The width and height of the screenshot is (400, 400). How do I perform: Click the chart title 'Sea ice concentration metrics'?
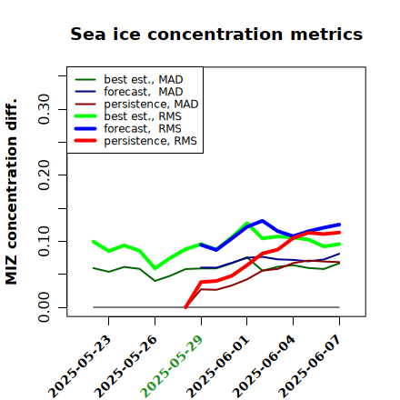coord(216,34)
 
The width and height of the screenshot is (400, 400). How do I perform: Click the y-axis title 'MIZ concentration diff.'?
coord(11,192)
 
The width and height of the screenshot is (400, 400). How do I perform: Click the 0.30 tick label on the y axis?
coord(44,109)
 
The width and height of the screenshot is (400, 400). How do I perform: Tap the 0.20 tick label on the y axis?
coord(44,175)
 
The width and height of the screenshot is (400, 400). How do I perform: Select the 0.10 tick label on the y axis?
coord(44,241)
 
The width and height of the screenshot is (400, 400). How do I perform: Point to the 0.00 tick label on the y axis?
coord(44,307)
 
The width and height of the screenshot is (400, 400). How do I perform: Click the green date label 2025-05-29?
coord(171,366)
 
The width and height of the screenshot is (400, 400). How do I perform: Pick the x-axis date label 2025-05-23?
coord(79,366)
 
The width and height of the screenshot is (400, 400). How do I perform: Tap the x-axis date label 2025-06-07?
coord(309,366)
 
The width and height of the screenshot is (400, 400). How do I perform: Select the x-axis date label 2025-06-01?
coord(217,366)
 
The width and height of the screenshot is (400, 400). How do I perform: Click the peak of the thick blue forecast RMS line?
coord(262,221)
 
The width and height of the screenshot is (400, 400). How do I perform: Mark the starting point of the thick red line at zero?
coord(185,307)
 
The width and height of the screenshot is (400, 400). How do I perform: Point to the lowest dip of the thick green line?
coord(155,268)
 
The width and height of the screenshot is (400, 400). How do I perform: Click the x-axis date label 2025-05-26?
coord(125,366)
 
